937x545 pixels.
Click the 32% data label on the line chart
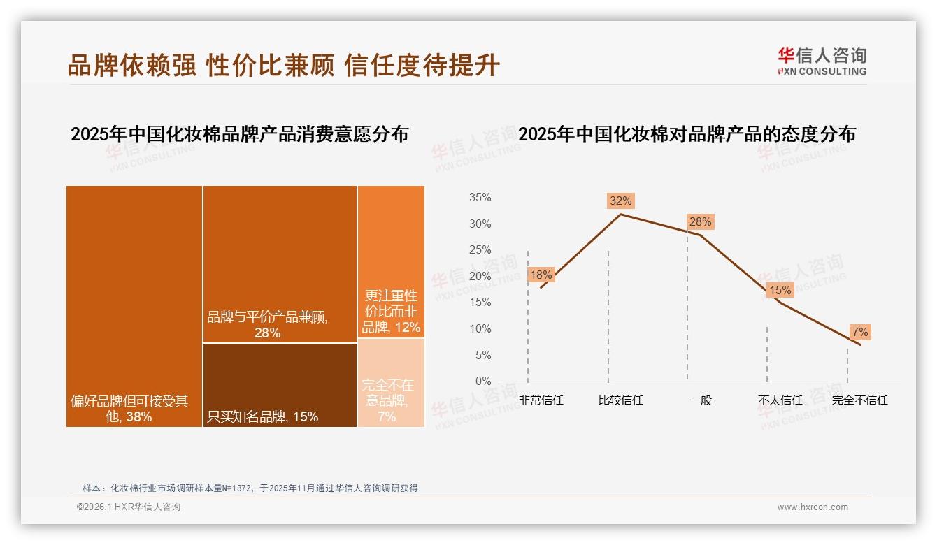point(620,201)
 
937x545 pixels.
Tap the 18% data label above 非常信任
point(541,275)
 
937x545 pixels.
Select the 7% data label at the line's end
point(859,332)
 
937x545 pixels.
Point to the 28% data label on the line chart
point(700,222)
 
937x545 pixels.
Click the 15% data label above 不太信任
point(780,290)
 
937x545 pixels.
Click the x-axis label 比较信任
point(620,400)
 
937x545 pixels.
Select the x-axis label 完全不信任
point(859,400)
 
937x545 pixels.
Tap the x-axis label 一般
point(700,400)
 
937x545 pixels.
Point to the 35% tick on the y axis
point(480,198)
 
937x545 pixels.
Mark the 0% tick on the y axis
point(482,381)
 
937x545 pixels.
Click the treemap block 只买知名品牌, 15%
point(280,385)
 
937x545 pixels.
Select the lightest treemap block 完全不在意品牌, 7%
point(391,383)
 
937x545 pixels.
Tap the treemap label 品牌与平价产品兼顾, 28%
point(267,325)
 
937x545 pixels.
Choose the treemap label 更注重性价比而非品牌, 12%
point(391,312)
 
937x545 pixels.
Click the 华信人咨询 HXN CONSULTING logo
point(822,61)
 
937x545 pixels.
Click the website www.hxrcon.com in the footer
point(813,507)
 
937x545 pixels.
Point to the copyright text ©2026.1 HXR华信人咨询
point(129,507)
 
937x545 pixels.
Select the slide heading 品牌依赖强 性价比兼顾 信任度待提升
point(283,65)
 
